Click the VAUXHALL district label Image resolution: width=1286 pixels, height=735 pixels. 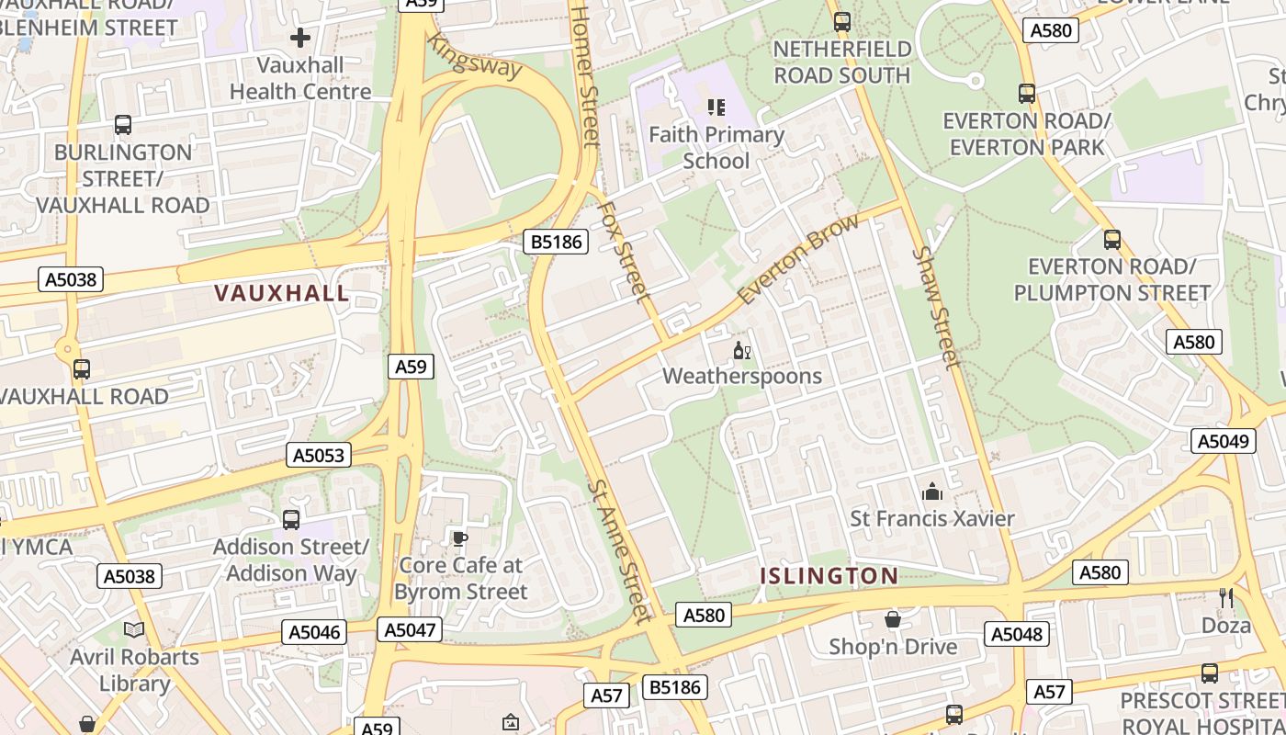tap(281, 293)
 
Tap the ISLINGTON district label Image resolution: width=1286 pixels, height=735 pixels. tap(829, 576)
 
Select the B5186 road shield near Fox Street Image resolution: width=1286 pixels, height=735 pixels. tap(556, 242)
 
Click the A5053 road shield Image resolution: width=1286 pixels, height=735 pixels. tap(319, 455)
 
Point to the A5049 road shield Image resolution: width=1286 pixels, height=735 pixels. tap(1224, 441)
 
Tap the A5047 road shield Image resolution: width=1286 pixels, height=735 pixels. tap(410, 629)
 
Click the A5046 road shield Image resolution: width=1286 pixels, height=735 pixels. tap(315, 632)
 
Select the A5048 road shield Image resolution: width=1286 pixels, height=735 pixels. tap(1017, 634)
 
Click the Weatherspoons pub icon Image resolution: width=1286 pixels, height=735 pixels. tap(742, 350)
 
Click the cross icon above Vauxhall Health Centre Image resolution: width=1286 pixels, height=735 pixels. tap(299, 39)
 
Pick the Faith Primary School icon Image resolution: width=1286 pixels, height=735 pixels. tap(716, 107)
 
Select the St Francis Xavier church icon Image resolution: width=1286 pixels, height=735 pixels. tap(932, 492)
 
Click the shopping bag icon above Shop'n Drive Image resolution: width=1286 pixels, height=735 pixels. tap(892, 620)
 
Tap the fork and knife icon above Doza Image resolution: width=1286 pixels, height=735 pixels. tap(1226, 598)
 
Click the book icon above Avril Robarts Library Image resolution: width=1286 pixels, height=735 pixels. tap(134, 630)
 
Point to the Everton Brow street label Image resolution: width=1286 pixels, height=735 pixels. tap(799, 259)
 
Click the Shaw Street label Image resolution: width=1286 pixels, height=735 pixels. tap(936, 307)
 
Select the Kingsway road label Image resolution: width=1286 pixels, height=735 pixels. tap(475, 56)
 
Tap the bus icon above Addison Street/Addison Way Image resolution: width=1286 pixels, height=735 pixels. tap(291, 519)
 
